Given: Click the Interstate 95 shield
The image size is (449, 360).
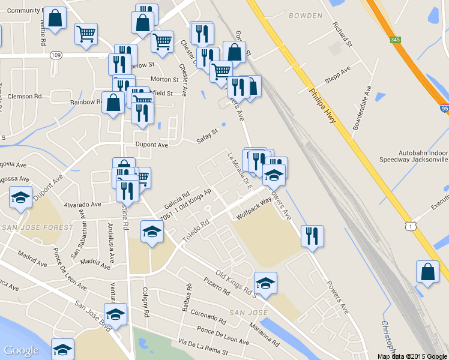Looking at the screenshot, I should tap(444, 109).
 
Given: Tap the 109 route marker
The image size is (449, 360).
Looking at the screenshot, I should tap(56, 55).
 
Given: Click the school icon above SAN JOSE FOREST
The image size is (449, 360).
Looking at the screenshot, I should tap(21, 197).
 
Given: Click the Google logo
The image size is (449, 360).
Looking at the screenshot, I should tap(21, 350).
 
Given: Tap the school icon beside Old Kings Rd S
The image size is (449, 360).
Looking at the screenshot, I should tap(265, 283).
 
